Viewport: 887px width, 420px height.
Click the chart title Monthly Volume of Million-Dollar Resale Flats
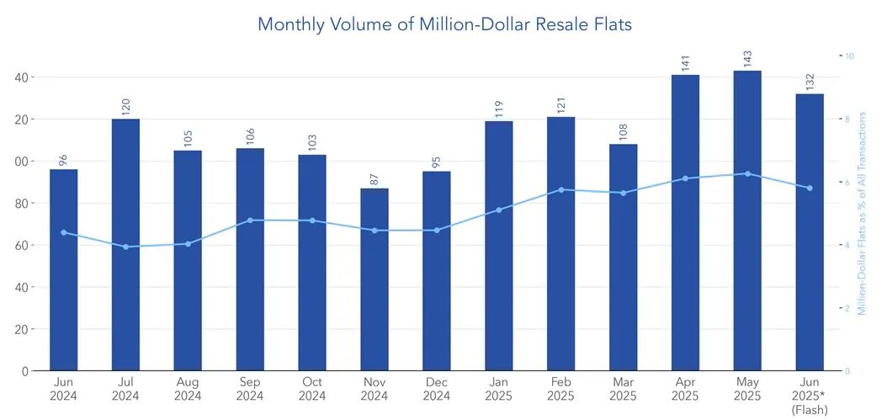[x=444, y=24]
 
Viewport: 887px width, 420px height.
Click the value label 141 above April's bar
[x=685, y=64]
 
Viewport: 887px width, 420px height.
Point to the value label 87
[x=374, y=178]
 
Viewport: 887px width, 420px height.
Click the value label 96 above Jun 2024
[x=64, y=159]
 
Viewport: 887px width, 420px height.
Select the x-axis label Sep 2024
[x=250, y=389]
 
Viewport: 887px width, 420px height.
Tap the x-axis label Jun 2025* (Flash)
[x=810, y=396]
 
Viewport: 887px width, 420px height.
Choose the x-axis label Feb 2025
[x=560, y=389]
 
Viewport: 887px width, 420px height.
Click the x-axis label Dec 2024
[x=437, y=389]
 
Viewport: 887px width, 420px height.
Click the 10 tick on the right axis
[x=849, y=56]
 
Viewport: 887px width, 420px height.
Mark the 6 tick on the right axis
[x=847, y=182]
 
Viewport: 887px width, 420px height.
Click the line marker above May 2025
[x=747, y=173]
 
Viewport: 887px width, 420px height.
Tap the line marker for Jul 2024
[x=125, y=247]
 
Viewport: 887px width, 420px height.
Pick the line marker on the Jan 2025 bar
[x=499, y=210]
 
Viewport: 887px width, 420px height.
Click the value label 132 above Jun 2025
[x=810, y=82]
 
